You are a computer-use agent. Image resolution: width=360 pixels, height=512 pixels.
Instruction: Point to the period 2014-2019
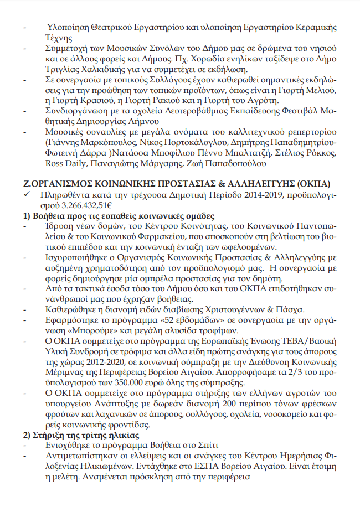(251, 195)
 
